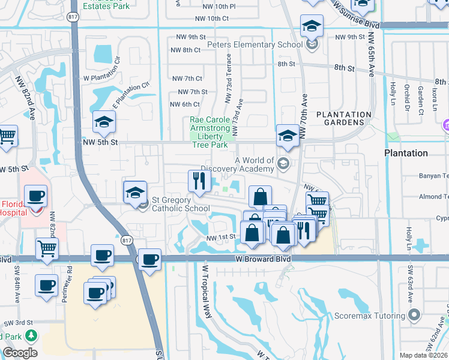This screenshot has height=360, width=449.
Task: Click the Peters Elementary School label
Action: (x=255, y=45)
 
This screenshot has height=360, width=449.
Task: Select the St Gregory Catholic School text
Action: (x=181, y=205)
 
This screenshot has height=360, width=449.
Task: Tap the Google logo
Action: (x=20, y=353)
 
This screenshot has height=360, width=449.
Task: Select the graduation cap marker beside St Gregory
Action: (x=135, y=193)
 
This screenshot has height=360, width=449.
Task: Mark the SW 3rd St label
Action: (x=17, y=323)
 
